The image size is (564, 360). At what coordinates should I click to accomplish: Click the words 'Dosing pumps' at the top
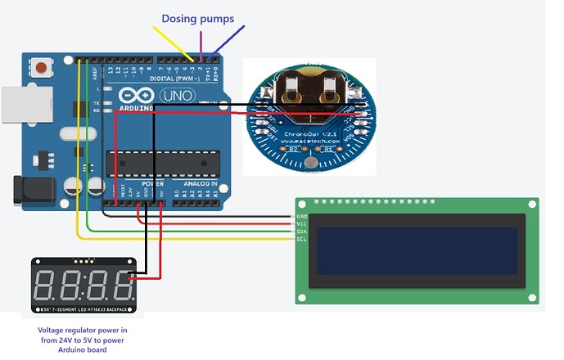197,18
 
